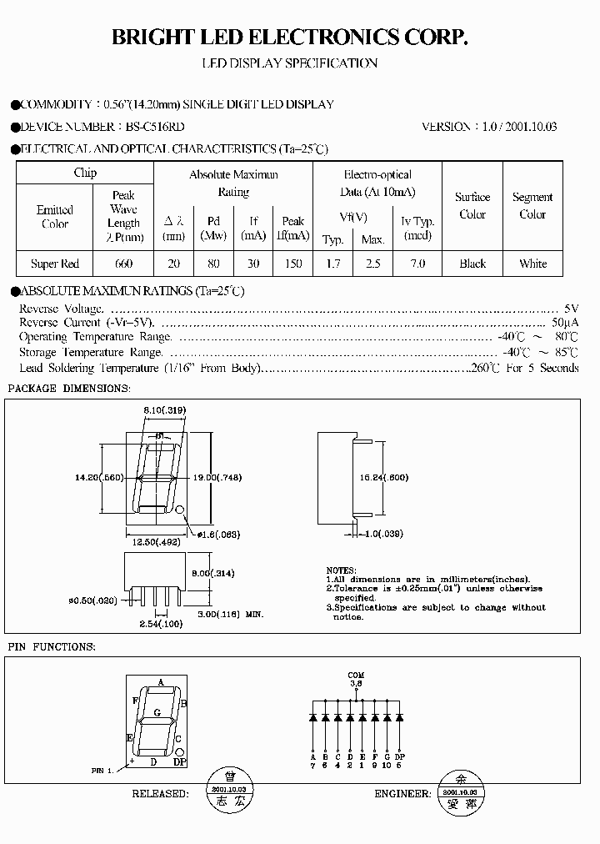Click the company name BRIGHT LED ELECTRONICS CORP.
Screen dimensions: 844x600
click(x=291, y=36)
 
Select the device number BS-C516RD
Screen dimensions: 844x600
click(x=156, y=127)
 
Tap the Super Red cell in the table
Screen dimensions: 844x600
click(x=55, y=264)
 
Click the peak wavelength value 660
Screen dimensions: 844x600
click(x=123, y=264)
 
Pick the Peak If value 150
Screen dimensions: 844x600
click(x=292, y=264)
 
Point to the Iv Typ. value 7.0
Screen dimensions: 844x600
click(x=417, y=264)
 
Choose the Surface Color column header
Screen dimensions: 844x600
click(x=472, y=205)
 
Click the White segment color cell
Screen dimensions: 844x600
click(x=532, y=264)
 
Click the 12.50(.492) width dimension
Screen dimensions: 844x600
click(x=156, y=540)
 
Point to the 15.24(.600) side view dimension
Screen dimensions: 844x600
click(x=407, y=479)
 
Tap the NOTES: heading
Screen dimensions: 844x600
click(x=340, y=570)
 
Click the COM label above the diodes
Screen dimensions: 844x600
click(x=356, y=675)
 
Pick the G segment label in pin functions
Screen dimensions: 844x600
click(x=157, y=713)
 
